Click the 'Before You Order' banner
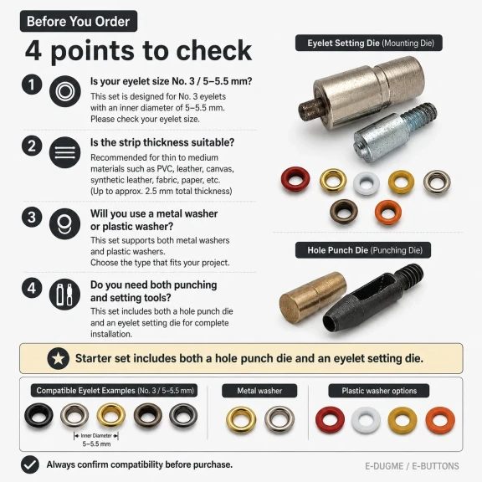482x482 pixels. (x=79, y=21)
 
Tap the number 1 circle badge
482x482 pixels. (x=32, y=85)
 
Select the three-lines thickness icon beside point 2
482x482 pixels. (x=65, y=152)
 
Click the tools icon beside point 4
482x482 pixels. (x=65, y=295)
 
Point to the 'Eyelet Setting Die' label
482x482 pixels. (x=369, y=43)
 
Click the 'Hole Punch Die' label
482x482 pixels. (x=363, y=250)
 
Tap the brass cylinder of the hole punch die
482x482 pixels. (x=312, y=296)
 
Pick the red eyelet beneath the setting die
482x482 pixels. (x=295, y=179)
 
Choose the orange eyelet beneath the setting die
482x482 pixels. (x=388, y=213)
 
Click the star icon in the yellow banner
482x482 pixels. (x=58, y=358)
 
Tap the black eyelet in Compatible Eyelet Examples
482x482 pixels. (x=38, y=415)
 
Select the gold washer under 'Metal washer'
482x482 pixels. (x=241, y=419)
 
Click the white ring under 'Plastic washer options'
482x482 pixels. (x=366, y=420)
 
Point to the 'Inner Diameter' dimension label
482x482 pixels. (x=96, y=436)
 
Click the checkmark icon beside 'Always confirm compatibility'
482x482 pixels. (x=30, y=464)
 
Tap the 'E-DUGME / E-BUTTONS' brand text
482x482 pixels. (x=412, y=466)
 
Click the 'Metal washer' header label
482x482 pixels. (x=259, y=391)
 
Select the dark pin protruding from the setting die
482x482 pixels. (x=310, y=110)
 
